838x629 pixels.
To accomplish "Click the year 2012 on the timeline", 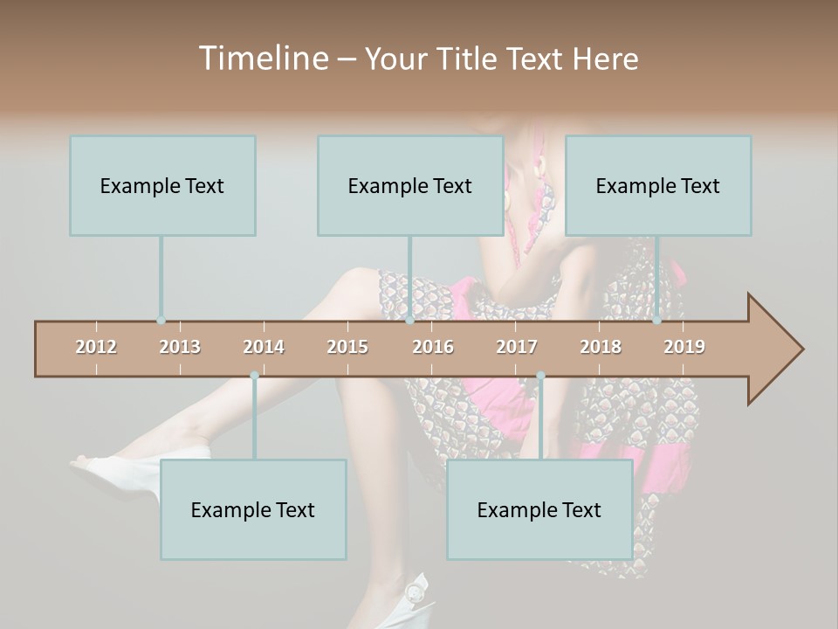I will [96, 347].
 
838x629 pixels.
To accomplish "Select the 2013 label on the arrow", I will [180, 347].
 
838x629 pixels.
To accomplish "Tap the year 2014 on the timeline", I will [264, 347].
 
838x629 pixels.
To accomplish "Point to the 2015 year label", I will [347, 347].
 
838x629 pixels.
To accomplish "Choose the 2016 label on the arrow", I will [433, 347].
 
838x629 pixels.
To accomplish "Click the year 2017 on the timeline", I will [517, 347].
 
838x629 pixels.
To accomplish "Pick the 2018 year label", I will [601, 347].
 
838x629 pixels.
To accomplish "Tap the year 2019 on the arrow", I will [684, 347].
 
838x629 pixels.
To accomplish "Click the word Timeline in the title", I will [262, 59].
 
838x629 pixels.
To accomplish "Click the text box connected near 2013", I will [162, 185].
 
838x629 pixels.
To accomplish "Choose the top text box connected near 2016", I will [410, 185].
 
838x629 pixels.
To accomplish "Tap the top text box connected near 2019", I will [658, 185].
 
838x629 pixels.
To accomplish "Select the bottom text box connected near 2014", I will [253, 509].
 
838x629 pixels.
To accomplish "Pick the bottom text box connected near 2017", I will [539, 509].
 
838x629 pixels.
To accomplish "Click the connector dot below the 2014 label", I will [254, 376].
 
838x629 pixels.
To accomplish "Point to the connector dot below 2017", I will [540, 376].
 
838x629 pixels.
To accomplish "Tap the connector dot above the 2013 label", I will [161, 321].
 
